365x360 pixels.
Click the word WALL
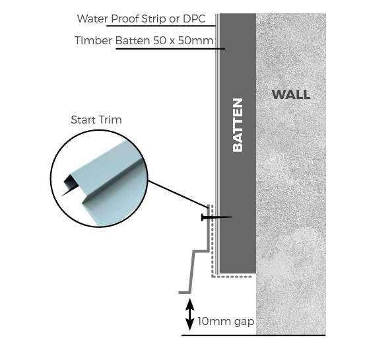click(290, 94)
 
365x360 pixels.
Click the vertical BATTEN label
click(238, 125)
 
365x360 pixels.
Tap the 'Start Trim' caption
click(96, 120)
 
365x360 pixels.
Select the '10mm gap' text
click(226, 322)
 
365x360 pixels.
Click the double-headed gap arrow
click(190, 314)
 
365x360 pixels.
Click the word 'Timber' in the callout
click(93, 41)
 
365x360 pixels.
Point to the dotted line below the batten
click(234, 277)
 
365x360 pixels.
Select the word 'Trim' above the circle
click(110, 120)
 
